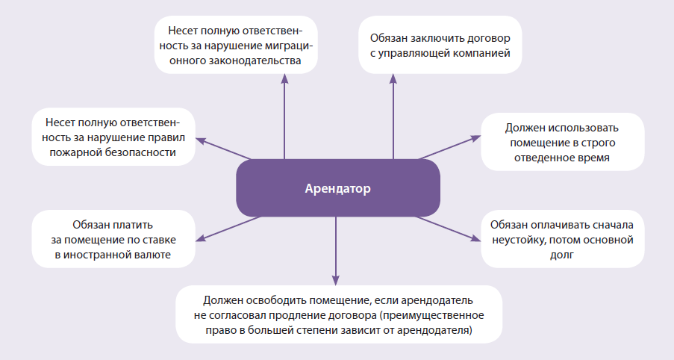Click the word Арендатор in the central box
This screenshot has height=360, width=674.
pyautogui.click(x=337, y=188)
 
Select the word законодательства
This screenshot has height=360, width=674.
pyautogui.click(x=256, y=60)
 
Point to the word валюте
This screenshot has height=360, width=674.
pyautogui.click(x=154, y=255)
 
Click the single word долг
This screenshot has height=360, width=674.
pyautogui.click(x=562, y=255)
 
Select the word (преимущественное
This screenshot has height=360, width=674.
pyautogui.click(x=431, y=315)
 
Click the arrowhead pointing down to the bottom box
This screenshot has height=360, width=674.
pyautogui.click(x=336, y=280)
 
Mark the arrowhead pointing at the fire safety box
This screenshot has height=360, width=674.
pyautogui.click(x=201, y=141)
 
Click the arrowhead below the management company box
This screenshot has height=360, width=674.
pyautogui.click(x=393, y=78)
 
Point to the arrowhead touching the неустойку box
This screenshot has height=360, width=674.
pyautogui.click(x=476, y=238)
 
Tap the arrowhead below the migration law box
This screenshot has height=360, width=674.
pyautogui.click(x=284, y=78)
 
